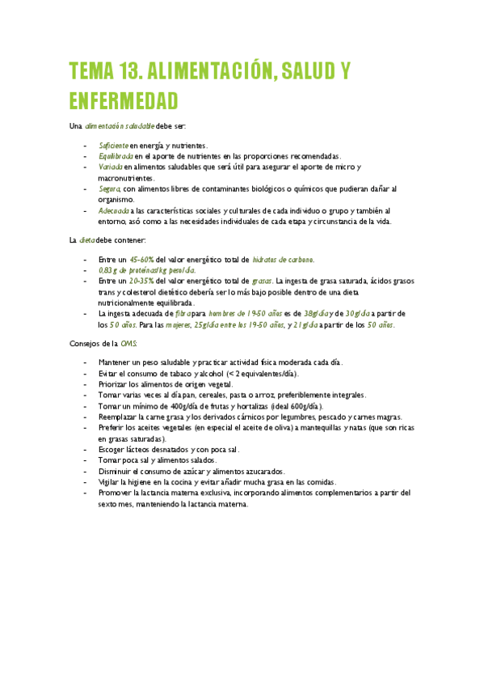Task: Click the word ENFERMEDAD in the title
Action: (x=124, y=101)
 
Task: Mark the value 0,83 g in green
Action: (x=107, y=269)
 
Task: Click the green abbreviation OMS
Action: (x=129, y=343)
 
